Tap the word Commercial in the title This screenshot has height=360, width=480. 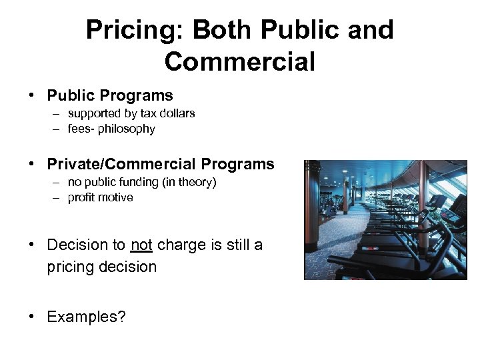(x=239, y=61)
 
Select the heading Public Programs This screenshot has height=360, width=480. (x=109, y=95)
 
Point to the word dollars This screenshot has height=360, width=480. (x=176, y=113)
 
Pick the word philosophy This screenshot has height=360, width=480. (x=127, y=129)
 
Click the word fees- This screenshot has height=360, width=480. (x=81, y=129)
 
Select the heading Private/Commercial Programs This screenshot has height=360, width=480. (x=160, y=164)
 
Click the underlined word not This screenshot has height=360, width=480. (x=142, y=245)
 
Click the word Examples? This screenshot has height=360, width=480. (x=86, y=317)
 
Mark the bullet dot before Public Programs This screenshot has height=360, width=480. (x=32, y=96)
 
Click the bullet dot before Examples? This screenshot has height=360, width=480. (x=32, y=317)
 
